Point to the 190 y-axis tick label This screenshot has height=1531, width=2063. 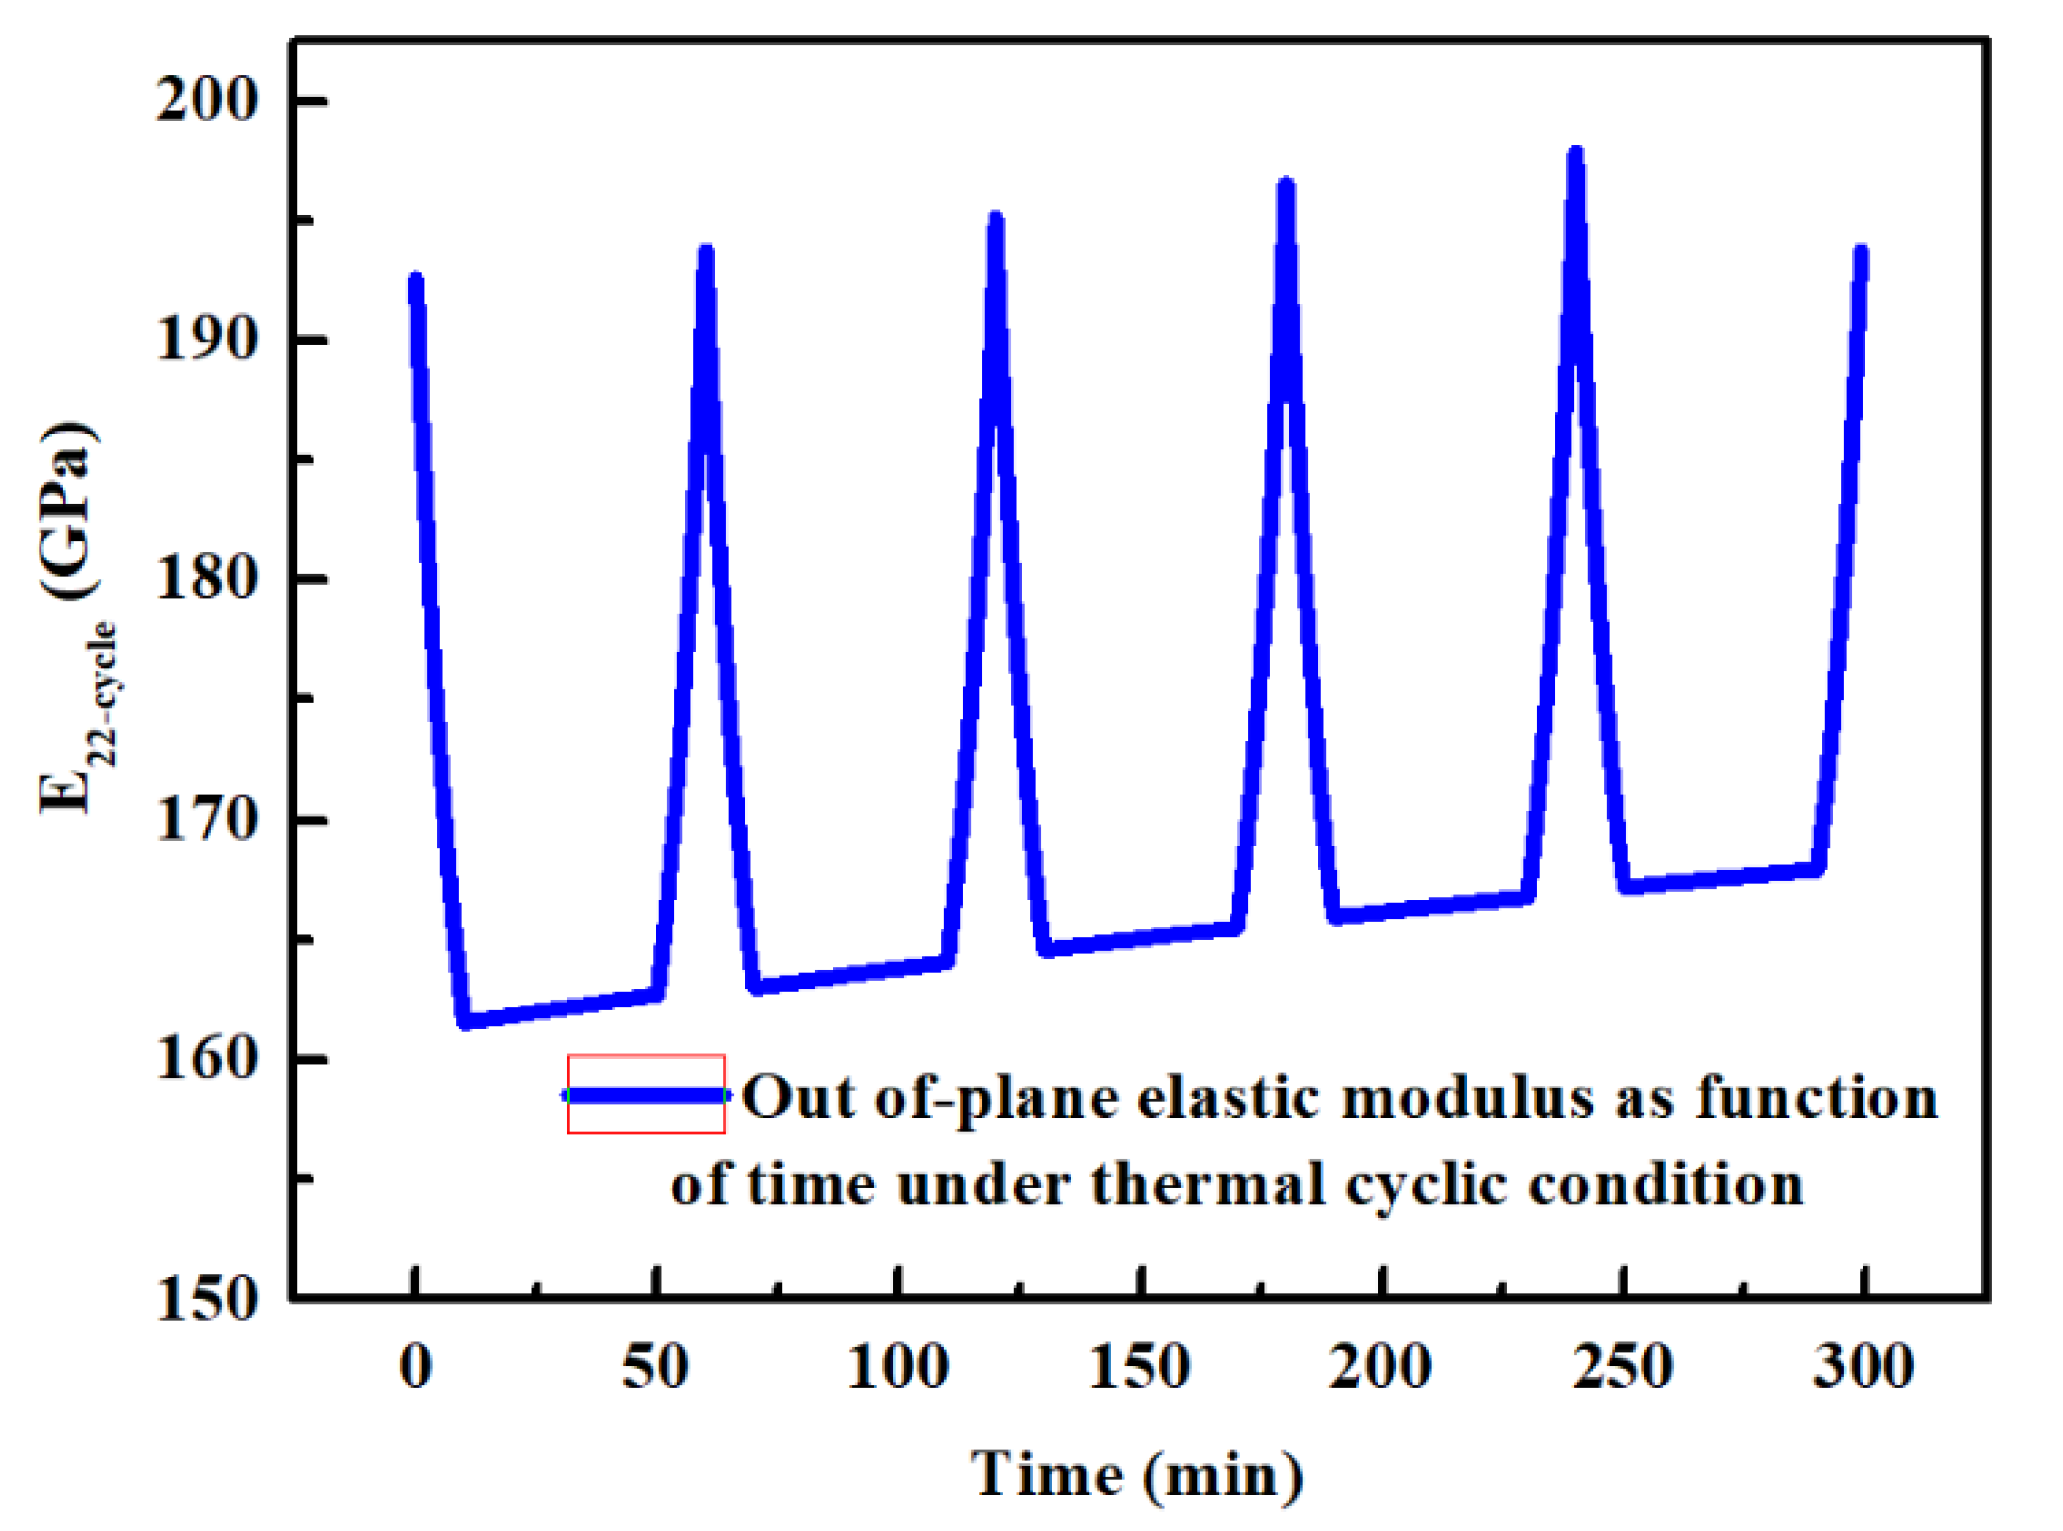pyautogui.click(x=205, y=339)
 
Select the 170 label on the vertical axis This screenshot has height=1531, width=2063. pyautogui.click(x=205, y=819)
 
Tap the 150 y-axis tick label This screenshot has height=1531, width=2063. pyautogui.click(x=205, y=1298)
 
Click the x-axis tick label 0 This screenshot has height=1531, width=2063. pyautogui.click(x=415, y=1367)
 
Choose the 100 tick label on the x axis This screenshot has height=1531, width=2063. pyautogui.click(x=898, y=1367)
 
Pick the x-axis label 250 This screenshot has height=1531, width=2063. pyautogui.click(x=1622, y=1367)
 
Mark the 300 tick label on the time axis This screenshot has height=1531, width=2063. pyautogui.click(x=1863, y=1367)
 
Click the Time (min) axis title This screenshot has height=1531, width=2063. pyautogui.click(x=1137, y=1476)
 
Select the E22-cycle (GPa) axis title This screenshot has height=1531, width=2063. pyautogui.click(x=71, y=617)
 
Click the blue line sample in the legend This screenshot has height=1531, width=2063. pyautogui.click(x=646, y=1094)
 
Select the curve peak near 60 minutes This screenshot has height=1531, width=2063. pyautogui.click(x=705, y=253)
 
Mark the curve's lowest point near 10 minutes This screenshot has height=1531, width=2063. pyautogui.click(x=467, y=1021)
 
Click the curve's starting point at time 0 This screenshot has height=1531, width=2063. pyautogui.click(x=416, y=281)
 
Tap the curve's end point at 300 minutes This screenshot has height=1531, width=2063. pyautogui.click(x=1862, y=253)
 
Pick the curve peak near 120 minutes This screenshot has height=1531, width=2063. pyautogui.click(x=995, y=219)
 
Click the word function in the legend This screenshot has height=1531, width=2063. pyautogui.click(x=1816, y=1097)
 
